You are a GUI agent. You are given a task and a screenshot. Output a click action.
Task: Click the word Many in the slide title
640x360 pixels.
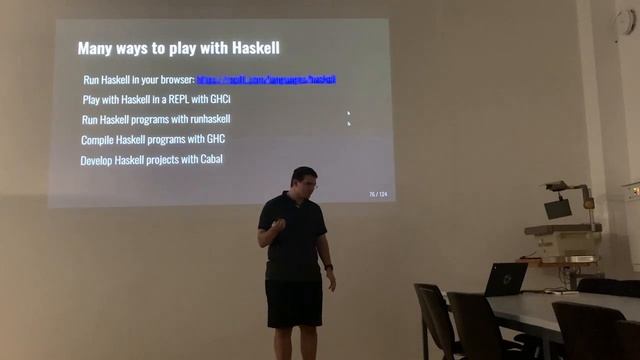(97, 47)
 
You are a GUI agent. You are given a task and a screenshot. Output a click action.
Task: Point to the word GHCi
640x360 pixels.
(230, 99)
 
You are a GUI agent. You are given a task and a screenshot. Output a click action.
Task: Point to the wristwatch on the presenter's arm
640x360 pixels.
(328, 267)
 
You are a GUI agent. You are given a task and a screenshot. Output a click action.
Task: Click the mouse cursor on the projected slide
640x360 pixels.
(348, 117)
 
